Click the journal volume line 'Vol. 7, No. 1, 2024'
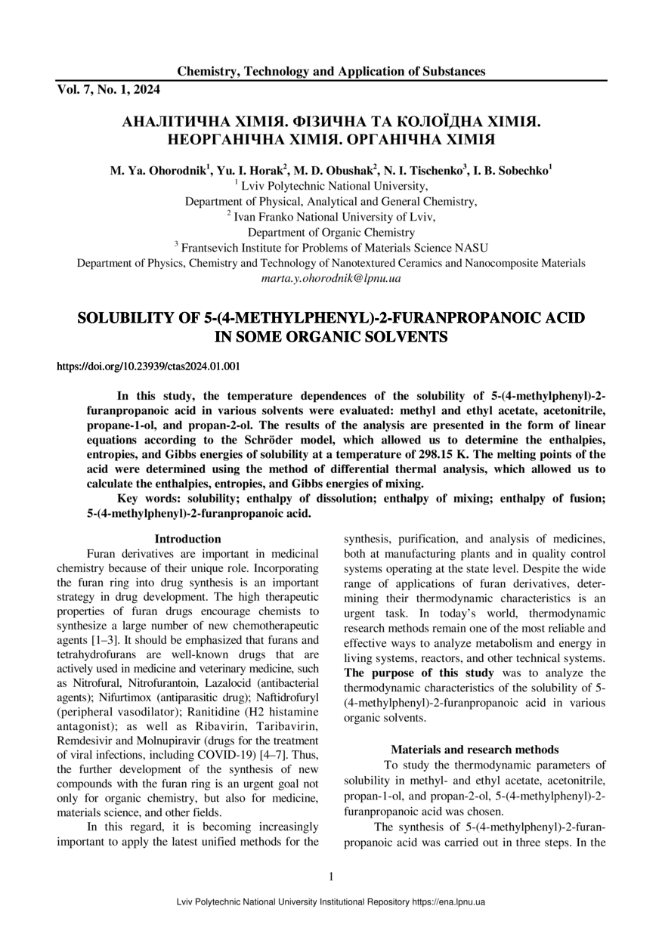(108, 89)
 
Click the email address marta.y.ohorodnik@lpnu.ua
(331, 279)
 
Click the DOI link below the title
(149, 366)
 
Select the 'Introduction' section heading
(187, 539)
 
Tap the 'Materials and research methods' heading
(475, 750)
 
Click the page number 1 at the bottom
(331, 877)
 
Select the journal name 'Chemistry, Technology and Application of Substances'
(331, 72)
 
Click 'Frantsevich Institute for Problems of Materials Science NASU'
(335, 247)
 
